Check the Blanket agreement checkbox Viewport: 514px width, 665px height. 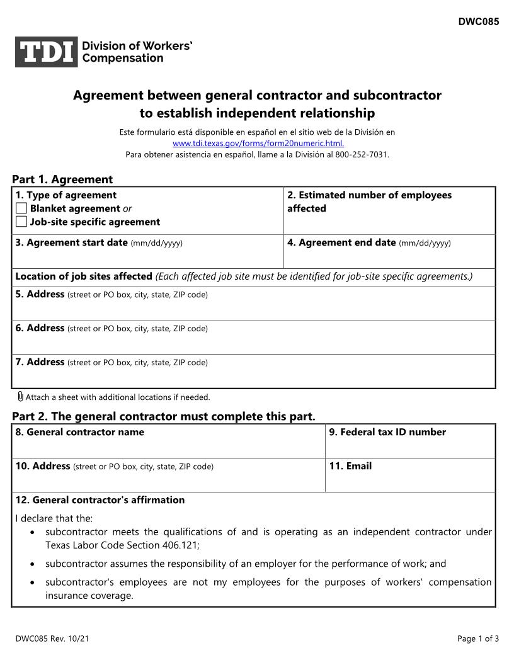point(21,208)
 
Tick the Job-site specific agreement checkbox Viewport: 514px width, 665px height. point(21,222)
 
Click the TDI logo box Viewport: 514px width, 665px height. point(47,52)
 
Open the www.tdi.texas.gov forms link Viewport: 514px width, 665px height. point(258,143)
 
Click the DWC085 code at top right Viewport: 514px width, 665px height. point(478,22)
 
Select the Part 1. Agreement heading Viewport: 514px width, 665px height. point(62,179)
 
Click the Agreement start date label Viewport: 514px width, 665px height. point(71,242)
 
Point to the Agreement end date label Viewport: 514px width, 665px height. point(341,242)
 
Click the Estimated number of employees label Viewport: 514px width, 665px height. point(369,195)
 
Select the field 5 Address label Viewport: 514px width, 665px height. point(40,294)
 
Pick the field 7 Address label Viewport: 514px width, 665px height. point(40,362)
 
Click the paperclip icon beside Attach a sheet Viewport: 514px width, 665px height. point(20,397)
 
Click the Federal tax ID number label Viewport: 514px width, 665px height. point(387,432)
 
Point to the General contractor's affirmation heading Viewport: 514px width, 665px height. point(100,500)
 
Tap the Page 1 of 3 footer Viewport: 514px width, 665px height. point(478,639)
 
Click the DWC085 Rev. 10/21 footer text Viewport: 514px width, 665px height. point(52,639)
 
